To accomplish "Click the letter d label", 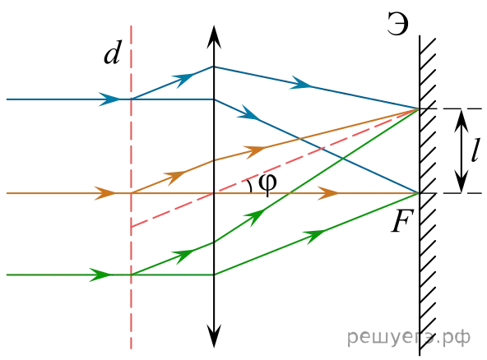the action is pos(112,52).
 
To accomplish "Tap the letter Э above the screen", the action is pos(397,24).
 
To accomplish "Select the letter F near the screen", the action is pos(402,221).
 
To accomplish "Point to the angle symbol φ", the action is pos(267,183).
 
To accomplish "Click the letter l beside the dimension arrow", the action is pos(475,150).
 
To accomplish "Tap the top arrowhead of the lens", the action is pos(214,37).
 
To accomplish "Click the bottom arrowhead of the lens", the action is pos(214,336).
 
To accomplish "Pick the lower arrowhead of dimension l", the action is pos(461,182).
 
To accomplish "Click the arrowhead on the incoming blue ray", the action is pos(109,99).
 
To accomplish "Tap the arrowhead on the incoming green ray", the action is pos(100,275).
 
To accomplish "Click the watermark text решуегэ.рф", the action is pos(408,338).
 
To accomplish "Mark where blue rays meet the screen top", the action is pos(419,109).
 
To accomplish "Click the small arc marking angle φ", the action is pos(249,186).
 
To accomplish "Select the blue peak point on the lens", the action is pos(214,67).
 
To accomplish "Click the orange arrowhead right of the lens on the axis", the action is pos(328,193).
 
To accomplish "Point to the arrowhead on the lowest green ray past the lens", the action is pos(315,235).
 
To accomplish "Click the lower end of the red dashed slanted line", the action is pos(132,227).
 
